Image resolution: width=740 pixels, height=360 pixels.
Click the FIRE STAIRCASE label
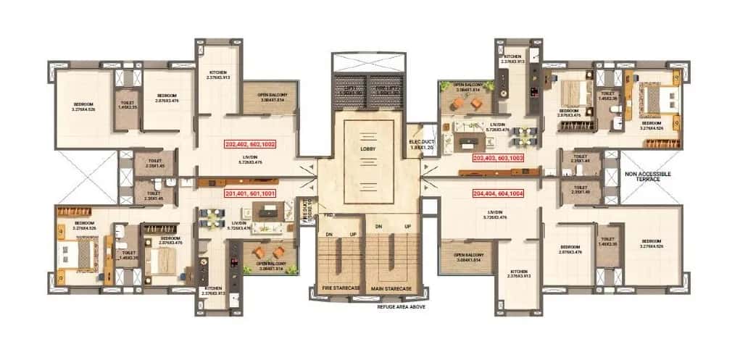(341, 288)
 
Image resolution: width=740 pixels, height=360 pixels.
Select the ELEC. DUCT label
(420, 143)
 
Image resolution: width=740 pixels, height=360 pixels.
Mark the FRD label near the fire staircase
(328, 215)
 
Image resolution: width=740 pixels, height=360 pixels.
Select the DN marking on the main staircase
(378, 227)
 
